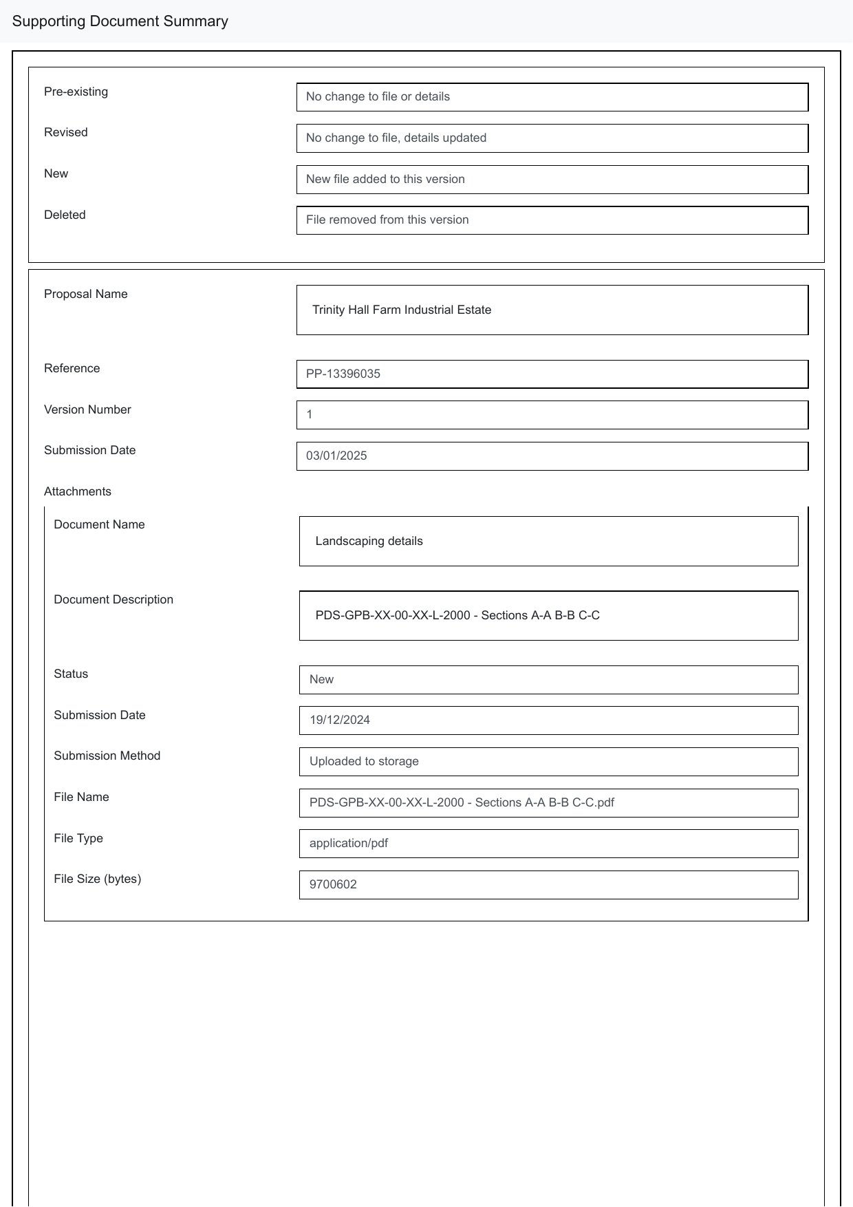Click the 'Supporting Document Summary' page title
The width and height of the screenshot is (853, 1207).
(120, 21)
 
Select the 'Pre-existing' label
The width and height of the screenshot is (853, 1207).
(76, 92)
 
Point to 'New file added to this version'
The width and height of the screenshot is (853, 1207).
(385, 180)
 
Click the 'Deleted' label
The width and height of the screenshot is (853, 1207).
(65, 215)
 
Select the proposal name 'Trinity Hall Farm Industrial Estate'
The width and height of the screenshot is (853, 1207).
(402, 310)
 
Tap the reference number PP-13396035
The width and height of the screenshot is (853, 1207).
(343, 374)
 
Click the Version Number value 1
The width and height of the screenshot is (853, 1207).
(310, 415)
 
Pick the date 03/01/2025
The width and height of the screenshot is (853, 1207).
(336, 456)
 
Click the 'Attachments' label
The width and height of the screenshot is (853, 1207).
(78, 491)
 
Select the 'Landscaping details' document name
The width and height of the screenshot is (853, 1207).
(369, 542)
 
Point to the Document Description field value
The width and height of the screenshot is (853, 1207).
(457, 616)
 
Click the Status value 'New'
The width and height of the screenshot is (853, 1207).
(321, 680)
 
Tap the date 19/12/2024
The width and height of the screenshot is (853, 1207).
(340, 720)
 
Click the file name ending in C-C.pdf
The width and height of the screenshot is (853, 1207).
(462, 803)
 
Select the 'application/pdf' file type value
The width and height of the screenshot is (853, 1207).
(349, 844)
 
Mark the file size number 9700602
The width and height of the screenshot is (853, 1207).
(333, 885)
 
